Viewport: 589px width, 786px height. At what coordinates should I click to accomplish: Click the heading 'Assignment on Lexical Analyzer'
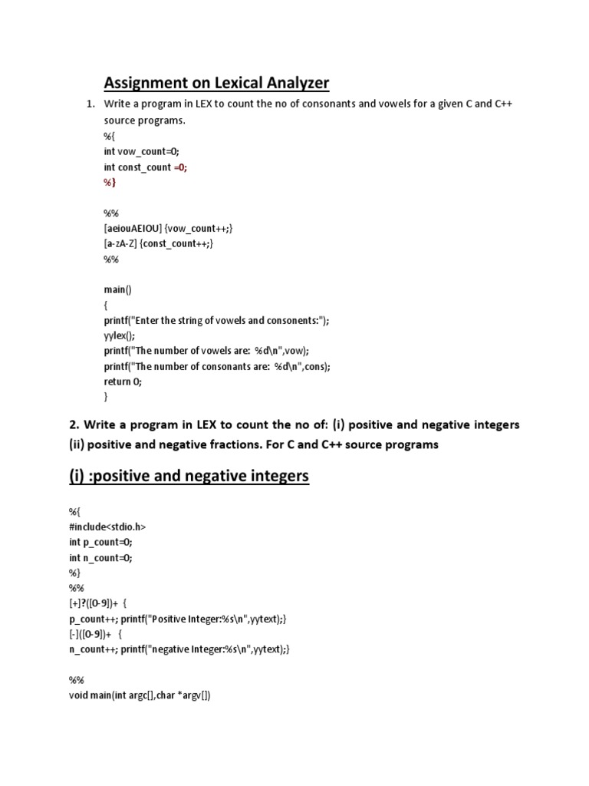216,82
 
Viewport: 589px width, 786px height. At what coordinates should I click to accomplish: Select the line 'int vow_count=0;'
141,151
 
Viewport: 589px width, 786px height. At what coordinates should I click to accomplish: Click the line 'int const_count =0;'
146,167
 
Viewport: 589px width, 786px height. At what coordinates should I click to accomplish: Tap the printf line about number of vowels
206,351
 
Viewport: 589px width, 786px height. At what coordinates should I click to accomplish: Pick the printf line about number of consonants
217,366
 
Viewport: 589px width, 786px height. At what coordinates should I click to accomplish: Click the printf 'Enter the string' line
222,320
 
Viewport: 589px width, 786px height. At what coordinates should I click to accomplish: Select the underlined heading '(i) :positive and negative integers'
189,476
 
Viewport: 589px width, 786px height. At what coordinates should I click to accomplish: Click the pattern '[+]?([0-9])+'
94,603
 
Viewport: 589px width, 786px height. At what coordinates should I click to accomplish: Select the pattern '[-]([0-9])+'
90,634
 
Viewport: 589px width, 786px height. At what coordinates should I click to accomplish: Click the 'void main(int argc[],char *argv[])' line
140,695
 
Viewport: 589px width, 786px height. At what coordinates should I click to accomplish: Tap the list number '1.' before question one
90,104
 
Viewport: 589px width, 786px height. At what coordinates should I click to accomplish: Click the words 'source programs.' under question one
145,121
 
